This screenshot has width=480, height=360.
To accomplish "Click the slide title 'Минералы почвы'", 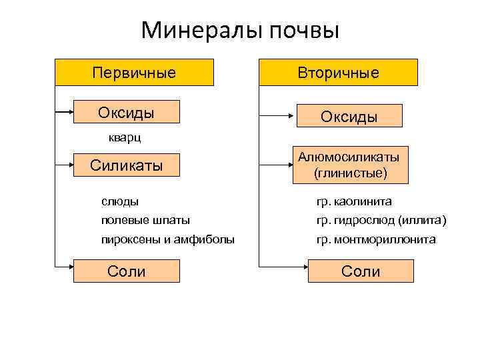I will coord(240,30).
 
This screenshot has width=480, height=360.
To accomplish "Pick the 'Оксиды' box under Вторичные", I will coord(349,116).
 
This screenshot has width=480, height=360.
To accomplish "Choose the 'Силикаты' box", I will coord(127,165).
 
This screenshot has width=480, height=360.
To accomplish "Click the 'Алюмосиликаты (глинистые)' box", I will coord(349,165).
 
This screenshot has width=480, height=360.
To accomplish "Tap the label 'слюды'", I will coord(120,201).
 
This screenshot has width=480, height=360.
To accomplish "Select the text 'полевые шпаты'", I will coord(145,220).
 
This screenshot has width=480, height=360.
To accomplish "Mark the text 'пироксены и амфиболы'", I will coord(168,239).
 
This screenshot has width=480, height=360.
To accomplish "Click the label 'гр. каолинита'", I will coord(354,201).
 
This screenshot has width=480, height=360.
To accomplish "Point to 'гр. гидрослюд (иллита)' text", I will coord(381,220).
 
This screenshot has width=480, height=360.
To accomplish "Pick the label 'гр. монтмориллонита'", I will coord(376,239).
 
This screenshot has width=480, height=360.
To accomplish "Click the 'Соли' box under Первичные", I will coord(127,271).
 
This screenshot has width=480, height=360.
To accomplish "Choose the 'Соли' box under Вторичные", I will coord(361,271).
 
